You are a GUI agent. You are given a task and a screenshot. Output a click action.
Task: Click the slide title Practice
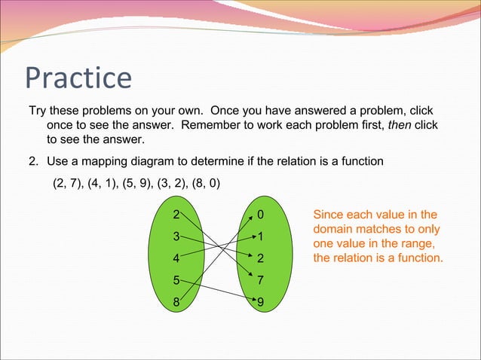coord(78,77)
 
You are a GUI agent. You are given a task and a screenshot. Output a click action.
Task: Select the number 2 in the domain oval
coord(176,215)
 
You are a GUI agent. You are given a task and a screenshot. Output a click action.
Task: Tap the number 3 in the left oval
coord(176,236)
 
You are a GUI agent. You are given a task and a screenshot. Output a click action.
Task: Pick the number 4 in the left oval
coord(176,258)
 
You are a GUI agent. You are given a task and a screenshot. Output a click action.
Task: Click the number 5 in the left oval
coord(176,280)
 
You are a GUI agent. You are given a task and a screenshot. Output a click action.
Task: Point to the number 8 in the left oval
coord(176,303)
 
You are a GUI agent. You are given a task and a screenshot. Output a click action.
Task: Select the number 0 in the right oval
coord(260,215)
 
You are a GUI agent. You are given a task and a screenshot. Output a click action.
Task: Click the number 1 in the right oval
coord(260,236)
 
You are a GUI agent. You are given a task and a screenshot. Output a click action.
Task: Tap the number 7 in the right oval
coord(260,280)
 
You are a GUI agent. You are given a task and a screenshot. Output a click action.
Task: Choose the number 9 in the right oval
coord(260,303)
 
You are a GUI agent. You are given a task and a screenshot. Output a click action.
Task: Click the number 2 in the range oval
coord(260,258)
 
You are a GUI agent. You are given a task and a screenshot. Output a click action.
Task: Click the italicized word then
coord(400,124)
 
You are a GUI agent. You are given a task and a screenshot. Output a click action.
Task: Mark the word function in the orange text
coord(418,258)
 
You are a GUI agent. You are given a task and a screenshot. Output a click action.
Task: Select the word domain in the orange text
coord(334,229)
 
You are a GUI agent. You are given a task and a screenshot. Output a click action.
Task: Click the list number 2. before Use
coord(33,160)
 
